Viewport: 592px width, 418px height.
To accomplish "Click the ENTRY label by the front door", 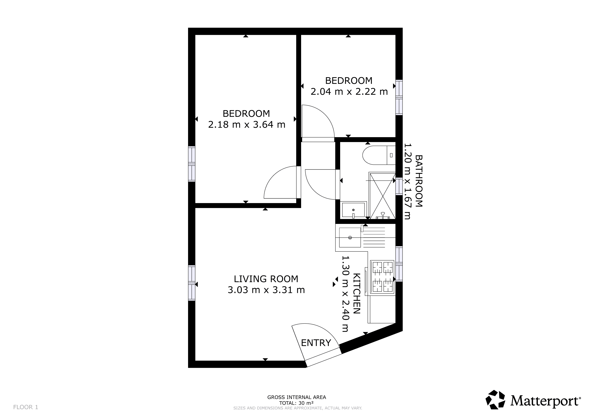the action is [x=316, y=343].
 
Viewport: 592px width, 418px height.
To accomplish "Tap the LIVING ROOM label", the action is [x=266, y=279].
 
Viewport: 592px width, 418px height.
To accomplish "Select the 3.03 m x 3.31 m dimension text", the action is [x=266, y=290].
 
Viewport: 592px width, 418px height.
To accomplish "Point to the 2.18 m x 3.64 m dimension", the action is [x=247, y=125].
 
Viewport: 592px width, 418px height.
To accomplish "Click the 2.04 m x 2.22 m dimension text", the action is [x=349, y=92].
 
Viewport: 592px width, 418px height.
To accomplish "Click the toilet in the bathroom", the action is [x=379, y=155].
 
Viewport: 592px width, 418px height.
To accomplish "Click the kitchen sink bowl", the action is [x=350, y=237].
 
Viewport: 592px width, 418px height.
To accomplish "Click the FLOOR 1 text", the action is [x=26, y=407].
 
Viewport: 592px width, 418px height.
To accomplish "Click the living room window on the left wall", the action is [x=192, y=283].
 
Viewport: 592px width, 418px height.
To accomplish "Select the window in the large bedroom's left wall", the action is [x=192, y=164].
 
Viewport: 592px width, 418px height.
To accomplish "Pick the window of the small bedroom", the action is [x=399, y=98].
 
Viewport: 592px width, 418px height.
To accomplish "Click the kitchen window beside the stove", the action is [x=399, y=264].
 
